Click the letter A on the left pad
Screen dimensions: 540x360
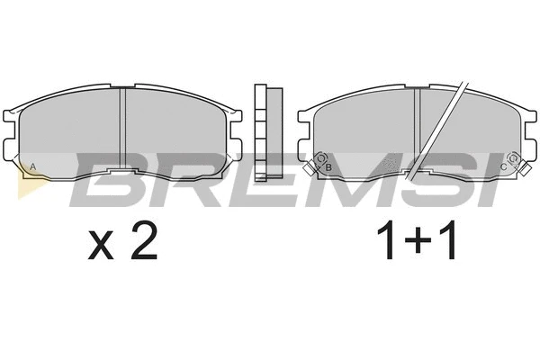click(32, 166)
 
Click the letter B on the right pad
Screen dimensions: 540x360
click(328, 167)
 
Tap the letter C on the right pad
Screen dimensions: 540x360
click(503, 167)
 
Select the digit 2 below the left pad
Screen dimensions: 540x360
click(144, 240)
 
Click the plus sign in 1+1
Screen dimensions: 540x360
click(418, 240)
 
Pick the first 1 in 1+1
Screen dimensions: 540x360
click(387, 240)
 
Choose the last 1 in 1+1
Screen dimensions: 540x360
click(447, 240)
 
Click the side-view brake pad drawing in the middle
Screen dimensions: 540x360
click(268, 132)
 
